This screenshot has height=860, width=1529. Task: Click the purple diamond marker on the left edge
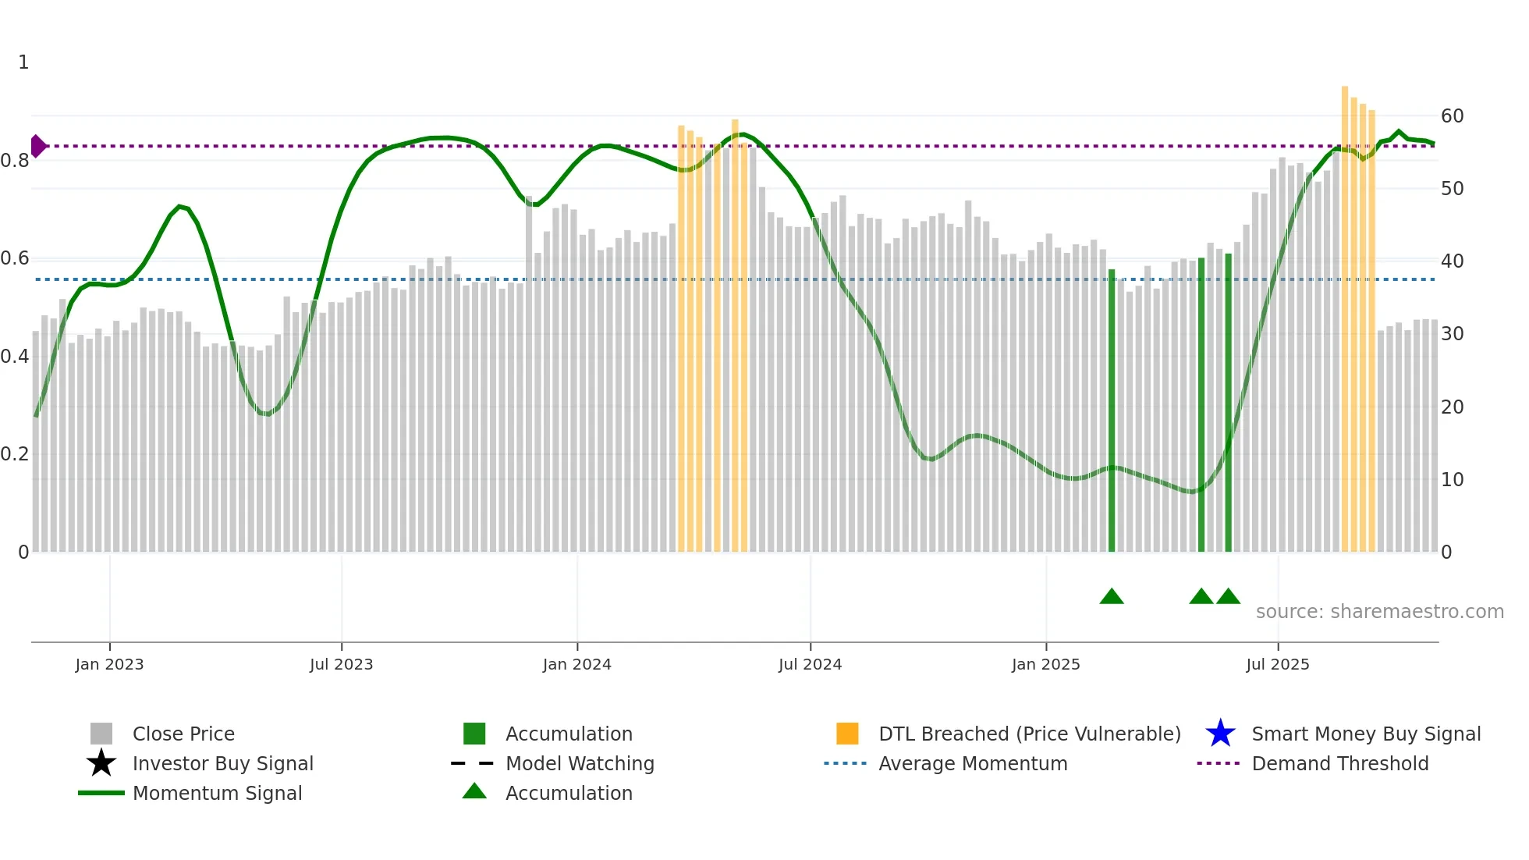tap(37, 146)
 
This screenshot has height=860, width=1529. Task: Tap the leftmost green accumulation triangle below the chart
tap(1112, 597)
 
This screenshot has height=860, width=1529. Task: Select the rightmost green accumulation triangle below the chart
tap(1228, 597)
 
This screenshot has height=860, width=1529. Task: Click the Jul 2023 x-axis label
tap(341, 664)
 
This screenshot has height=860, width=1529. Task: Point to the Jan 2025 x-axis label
tap(1045, 664)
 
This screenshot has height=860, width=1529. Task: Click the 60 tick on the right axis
tap(1452, 116)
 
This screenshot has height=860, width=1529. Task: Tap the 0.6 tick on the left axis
tap(15, 258)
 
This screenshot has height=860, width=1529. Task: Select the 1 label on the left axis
tap(23, 62)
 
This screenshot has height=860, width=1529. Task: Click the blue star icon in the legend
tap(1220, 734)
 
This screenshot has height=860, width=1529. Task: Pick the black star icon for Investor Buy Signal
tap(101, 763)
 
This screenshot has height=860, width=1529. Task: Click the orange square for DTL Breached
tap(847, 734)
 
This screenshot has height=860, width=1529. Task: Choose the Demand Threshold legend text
tap(1339, 763)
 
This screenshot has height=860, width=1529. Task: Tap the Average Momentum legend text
tap(973, 763)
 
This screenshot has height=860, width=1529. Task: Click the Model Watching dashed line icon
tap(473, 763)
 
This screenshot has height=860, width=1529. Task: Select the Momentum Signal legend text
tap(217, 793)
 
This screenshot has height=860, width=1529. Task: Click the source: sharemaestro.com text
tap(1379, 611)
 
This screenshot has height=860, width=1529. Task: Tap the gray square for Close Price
tap(101, 734)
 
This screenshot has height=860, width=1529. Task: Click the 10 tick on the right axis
tap(1452, 480)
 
